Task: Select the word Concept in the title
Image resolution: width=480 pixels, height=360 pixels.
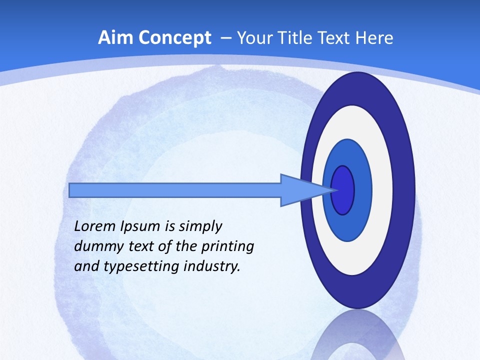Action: click(x=174, y=38)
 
